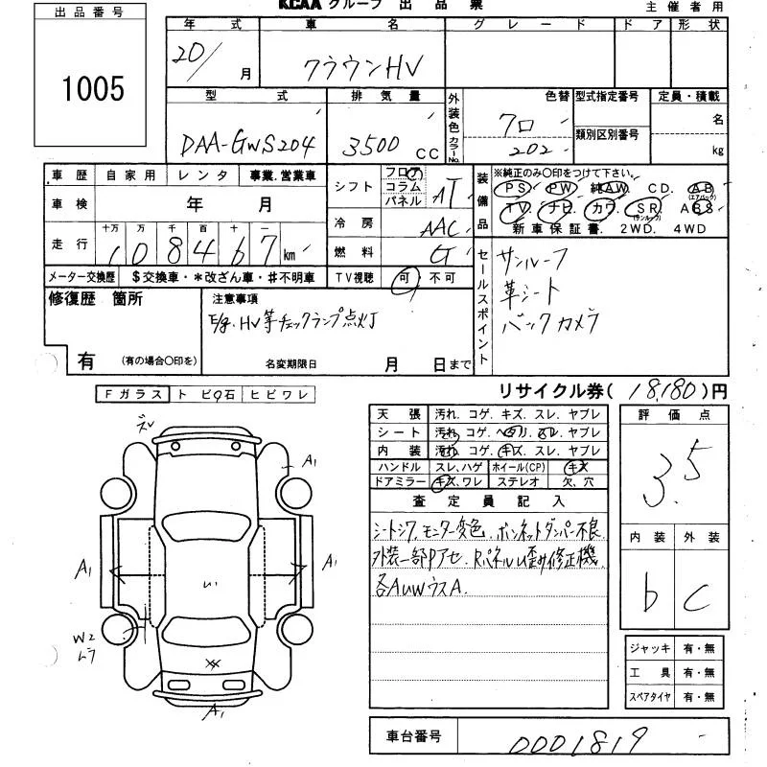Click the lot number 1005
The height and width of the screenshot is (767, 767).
click(x=93, y=89)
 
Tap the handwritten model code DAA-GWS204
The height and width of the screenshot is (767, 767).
click(x=250, y=144)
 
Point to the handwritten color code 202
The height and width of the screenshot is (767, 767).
click(x=532, y=151)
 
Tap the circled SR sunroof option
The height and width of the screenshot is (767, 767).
click(x=644, y=208)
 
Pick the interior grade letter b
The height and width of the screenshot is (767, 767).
click(x=651, y=596)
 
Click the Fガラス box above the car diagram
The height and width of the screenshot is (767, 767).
click(x=131, y=394)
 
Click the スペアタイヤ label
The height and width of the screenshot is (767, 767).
click(x=649, y=696)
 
